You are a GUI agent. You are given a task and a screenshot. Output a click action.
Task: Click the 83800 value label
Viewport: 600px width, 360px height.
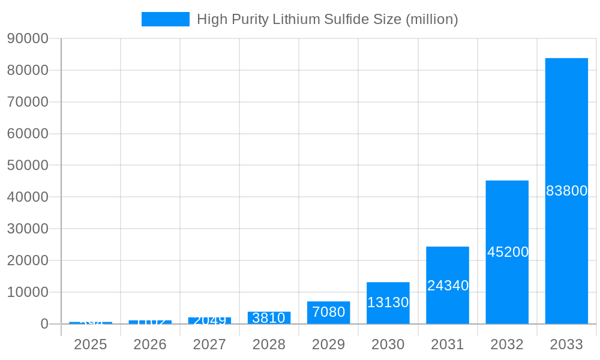[566, 191]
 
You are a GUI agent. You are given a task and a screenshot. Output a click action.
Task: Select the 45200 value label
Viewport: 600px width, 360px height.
[508, 252]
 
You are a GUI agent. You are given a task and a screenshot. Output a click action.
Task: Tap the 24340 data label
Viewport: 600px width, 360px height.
[448, 286]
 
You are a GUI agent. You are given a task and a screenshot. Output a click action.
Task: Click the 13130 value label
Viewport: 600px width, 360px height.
[388, 302]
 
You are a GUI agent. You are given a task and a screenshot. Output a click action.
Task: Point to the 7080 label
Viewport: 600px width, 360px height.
[328, 312]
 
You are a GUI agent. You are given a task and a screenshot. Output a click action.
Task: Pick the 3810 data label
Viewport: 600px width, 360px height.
[269, 318]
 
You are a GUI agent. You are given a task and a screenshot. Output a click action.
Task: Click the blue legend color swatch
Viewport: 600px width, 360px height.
[165, 19]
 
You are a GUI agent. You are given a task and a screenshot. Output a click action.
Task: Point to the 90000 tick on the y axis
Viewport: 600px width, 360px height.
[28, 38]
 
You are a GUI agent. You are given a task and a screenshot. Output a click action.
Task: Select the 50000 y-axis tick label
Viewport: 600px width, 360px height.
[28, 165]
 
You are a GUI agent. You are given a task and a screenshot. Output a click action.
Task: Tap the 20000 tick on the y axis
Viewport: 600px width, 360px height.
[28, 260]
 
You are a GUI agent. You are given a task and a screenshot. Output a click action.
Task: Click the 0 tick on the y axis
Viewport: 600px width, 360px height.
[44, 324]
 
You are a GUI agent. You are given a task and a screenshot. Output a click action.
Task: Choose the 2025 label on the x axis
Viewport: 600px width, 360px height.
[91, 344]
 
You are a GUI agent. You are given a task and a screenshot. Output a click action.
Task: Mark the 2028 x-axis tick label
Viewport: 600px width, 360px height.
[269, 344]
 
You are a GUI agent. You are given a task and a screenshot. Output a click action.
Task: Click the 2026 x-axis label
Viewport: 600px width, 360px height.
[150, 344]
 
